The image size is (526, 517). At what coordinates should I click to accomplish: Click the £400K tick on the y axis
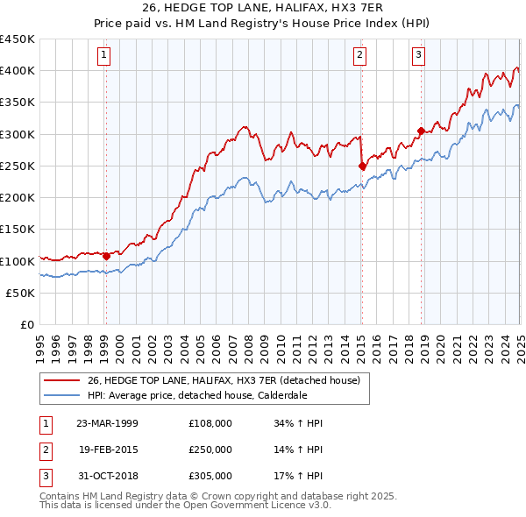18,71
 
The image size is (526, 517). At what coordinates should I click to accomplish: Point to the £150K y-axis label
18,230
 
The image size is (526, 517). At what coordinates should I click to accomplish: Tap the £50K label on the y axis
21,294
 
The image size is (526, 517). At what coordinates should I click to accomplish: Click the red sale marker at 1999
106,257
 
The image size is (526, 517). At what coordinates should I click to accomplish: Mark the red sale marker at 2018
421,131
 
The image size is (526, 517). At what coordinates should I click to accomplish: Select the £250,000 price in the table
210,450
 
